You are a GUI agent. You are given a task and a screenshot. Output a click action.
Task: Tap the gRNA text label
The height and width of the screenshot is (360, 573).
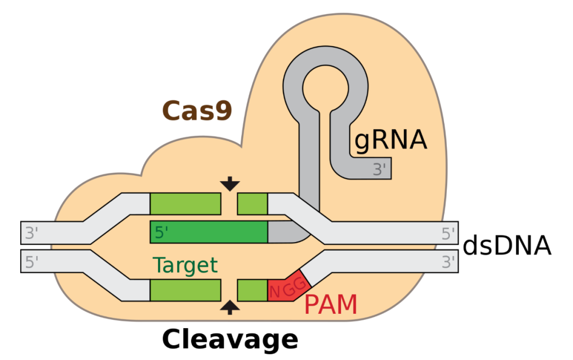[x=390, y=140]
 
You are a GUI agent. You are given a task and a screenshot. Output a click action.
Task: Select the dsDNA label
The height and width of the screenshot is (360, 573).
[x=507, y=246]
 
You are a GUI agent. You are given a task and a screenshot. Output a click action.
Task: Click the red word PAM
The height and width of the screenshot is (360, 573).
[x=330, y=305]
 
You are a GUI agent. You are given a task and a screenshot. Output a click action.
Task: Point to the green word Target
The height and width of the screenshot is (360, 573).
[x=185, y=264]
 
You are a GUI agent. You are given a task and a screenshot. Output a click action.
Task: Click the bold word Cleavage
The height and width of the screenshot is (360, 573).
[x=230, y=339]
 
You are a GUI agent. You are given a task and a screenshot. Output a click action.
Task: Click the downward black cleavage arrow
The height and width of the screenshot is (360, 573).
[x=230, y=184]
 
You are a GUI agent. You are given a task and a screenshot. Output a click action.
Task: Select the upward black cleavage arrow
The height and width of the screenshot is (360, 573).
[x=230, y=307]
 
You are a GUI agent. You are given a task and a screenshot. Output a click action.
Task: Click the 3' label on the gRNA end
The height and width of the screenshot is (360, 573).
[x=379, y=170]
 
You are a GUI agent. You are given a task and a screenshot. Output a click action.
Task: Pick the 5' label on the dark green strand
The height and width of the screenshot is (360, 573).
[x=162, y=233]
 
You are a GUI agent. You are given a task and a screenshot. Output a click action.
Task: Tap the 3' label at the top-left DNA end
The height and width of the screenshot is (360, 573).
[x=32, y=233]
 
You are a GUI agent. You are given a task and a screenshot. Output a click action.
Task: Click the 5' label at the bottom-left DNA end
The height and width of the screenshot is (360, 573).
[x=32, y=261]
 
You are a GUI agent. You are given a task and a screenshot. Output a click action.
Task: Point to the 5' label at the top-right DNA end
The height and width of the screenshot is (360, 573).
[x=448, y=233]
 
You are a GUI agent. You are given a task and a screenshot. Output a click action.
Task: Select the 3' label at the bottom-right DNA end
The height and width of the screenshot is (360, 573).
[x=448, y=261]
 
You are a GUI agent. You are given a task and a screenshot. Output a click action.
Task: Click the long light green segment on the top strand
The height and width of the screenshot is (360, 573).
[x=185, y=203]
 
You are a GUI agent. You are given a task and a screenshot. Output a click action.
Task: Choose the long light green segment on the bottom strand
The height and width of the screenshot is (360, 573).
[x=185, y=290]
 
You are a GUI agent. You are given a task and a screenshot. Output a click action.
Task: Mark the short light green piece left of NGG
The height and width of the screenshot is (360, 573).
[x=252, y=290]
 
